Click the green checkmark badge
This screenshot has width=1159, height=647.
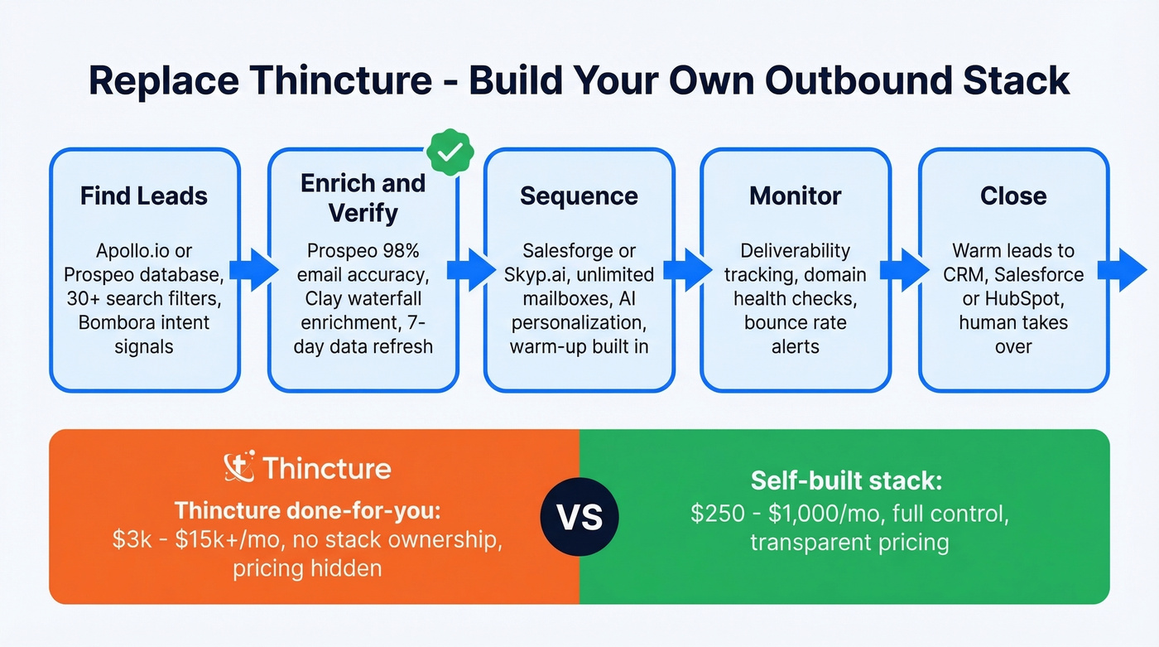click(450, 152)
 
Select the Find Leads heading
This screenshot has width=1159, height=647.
click(144, 196)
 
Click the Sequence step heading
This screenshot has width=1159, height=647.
click(579, 196)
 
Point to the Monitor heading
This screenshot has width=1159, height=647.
click(796, 196)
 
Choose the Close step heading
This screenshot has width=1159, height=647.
click(1013, 196)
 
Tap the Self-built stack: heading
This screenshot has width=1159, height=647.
click(847, 480)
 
